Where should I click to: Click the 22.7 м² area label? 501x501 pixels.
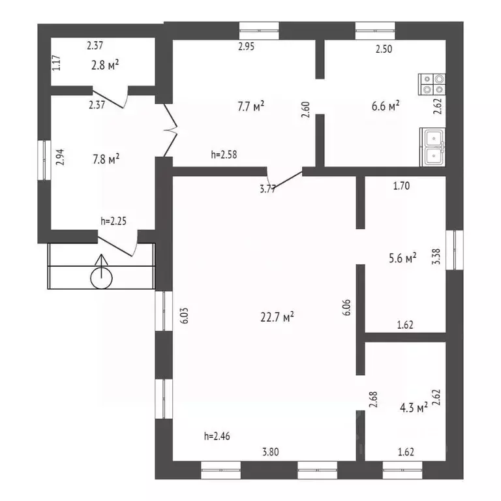[x=277, y=317]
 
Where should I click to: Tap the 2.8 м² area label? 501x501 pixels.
[x=105, y=65]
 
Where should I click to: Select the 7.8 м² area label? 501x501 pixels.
[x=106, y=159]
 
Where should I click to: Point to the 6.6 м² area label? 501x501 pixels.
[x=386, y=106]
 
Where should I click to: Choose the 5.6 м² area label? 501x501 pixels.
[x=402, y=258]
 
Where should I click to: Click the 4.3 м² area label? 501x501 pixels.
[x=414, y=408]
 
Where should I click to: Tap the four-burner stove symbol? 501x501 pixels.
[x=432, y=84]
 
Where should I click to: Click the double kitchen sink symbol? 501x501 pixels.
[x=433, y=147]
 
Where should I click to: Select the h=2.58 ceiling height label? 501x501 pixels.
[x=224, y=155]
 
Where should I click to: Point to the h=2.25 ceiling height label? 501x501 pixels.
[x=114, y=220]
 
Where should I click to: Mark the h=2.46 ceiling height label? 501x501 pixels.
[x=217, y=436]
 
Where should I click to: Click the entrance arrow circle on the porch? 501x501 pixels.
[x=102, y=279]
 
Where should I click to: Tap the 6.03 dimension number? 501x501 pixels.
[x=185, y=316]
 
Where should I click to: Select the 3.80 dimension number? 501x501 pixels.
[x=271, y=452]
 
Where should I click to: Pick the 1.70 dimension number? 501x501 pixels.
[x=401, y=186]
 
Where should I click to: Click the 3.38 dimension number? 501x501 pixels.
[x=436, y=256]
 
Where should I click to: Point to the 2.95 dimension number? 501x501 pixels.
[x=247, y=47]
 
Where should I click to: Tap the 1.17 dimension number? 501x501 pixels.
[x=56, y=63]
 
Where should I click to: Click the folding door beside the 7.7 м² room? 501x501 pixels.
[x=170, y=130]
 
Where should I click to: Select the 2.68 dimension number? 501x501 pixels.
[x=373, y=399]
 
